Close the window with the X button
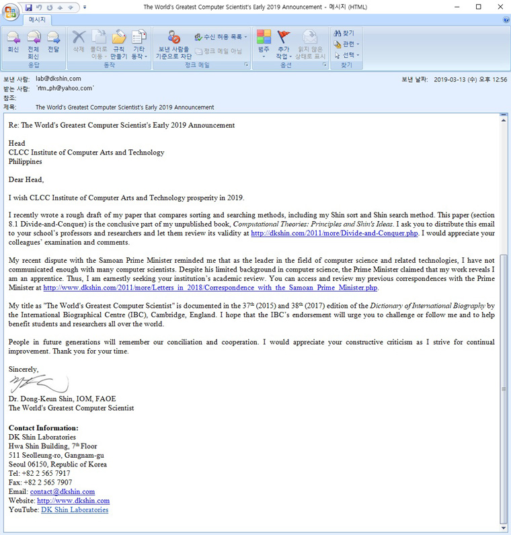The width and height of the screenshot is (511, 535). pos(498,7)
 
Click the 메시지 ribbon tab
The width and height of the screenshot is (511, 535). pos(37,20)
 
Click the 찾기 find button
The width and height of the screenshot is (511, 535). pos(344,33)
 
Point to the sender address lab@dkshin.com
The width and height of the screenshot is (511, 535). pos(58,79)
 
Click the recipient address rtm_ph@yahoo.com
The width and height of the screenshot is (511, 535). pos(65,88)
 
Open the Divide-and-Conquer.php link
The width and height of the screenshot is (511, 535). pos(334,233)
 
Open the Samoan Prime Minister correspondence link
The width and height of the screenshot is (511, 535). pos(210,288)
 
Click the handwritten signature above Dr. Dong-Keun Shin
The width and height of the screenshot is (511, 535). pos(38,384)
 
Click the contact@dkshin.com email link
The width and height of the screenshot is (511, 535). pos(63,491)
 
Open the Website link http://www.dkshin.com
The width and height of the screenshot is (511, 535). pos(73,501)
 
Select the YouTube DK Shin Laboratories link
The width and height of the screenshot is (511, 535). pos(75,509)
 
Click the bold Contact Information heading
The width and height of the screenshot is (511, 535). pos(44,427)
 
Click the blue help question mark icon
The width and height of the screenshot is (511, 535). pos(506,20)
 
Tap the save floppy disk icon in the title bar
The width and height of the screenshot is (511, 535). pos(28,7)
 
